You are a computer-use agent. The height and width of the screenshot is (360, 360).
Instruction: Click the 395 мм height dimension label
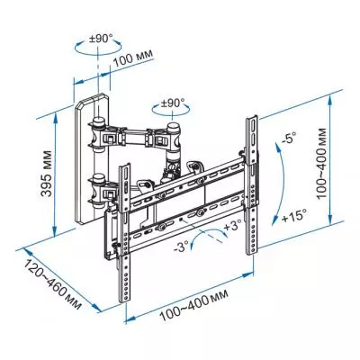point(46,174)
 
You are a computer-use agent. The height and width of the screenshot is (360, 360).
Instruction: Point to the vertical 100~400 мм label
point(322,163)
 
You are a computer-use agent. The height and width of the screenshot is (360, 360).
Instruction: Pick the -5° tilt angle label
point(288,139)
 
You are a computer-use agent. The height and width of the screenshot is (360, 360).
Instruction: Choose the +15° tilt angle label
point(294,215)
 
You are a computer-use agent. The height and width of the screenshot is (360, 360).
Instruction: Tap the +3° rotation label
point(232,225)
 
